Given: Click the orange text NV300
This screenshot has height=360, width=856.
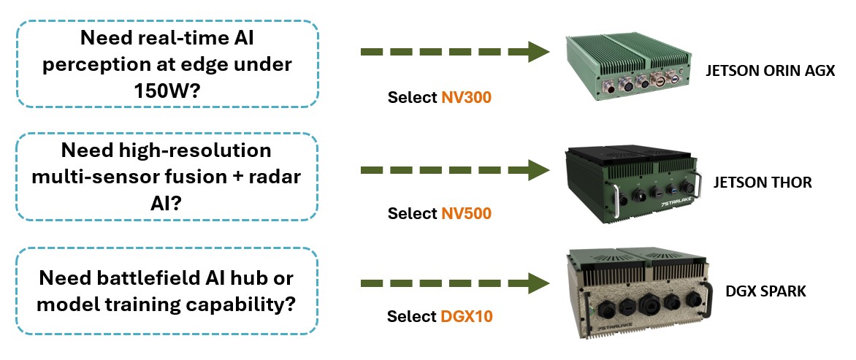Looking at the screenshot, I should [466, 98].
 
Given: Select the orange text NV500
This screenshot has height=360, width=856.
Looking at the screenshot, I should [466, 214].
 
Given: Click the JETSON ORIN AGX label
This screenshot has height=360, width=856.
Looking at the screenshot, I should [770, 72].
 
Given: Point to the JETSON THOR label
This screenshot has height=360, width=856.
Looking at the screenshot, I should [763, 183].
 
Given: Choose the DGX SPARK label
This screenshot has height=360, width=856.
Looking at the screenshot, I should [765, 291].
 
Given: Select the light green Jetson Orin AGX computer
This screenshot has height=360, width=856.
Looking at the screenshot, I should [628, 66].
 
